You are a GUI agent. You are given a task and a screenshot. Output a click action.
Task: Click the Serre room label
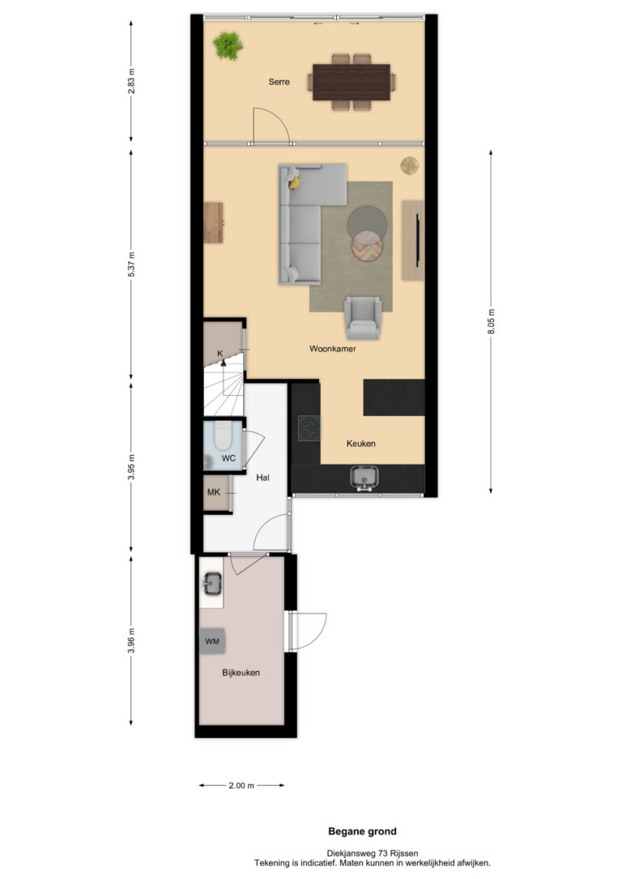[x=279, y=82]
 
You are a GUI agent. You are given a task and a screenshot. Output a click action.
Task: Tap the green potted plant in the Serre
[x=228, y=45]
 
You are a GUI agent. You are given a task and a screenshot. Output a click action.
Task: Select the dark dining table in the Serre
[x=351, y=83]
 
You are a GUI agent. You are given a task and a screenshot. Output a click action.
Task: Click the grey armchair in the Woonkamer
[x=363, y=317]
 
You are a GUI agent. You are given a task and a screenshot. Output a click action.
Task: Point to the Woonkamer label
[x=333, y=349]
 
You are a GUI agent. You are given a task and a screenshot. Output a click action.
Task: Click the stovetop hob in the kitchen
[x=309, y=428]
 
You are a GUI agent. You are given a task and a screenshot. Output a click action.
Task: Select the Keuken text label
[x=360, y=444]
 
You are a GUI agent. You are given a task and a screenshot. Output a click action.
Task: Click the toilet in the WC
[x=223, y=435]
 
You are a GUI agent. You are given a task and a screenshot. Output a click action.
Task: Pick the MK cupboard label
[x=214, y=492]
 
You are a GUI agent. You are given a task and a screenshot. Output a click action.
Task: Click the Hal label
[x=262, y=478]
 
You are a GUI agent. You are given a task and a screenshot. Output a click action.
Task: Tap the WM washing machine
[x=212, y=641]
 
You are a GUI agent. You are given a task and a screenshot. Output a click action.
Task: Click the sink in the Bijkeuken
[x=212, y=584]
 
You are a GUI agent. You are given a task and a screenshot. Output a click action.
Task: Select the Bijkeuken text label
[x=241, y=673]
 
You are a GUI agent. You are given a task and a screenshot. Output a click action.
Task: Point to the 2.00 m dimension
[x=241, y=785]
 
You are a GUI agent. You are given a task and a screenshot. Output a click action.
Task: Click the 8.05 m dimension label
[x=492, y=322]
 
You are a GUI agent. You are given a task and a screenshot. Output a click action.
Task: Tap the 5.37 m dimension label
[x=131, y=265]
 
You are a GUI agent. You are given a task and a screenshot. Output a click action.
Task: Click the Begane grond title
[x=362, y=831]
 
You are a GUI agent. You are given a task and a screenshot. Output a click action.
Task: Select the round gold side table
[x=410, y=166]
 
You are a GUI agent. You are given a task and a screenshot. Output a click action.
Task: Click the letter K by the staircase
[x=220, y=353]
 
